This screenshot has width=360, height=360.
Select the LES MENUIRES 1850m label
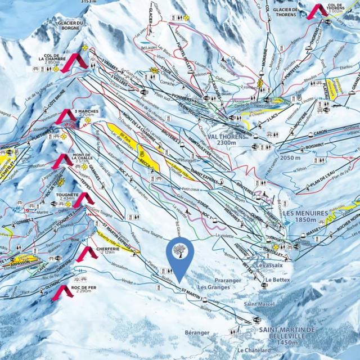click(304, 217)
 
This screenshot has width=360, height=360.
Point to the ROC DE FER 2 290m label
click(85, 290)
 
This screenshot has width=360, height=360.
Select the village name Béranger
click(197, 332)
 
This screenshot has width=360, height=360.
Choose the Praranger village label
click(227, 280)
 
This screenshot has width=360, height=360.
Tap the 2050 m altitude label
click(290, 159)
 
